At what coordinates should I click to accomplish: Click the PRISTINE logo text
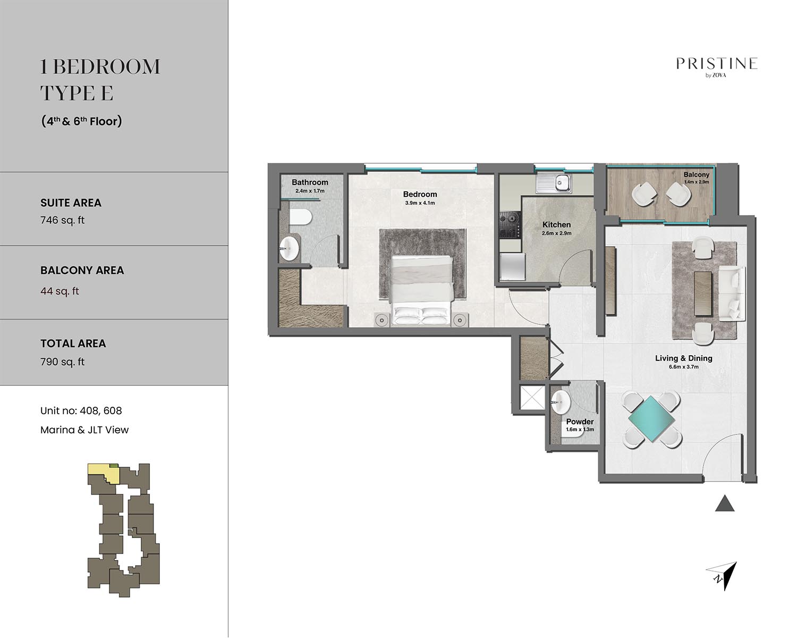(717, 64)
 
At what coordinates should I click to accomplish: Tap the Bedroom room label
(420, 194)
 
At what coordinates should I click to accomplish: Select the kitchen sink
(554, 183)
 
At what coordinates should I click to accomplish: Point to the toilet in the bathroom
(300, 217)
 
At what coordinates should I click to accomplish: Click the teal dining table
(651, 418)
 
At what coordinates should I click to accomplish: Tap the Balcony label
(696, 174)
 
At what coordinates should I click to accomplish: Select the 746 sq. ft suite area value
(62, 220)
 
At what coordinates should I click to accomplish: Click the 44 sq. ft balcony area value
(60, 291)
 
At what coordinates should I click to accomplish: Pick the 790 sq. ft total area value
(62, 362)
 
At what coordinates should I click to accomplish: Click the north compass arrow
(722, 576)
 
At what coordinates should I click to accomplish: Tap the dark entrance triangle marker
(724, 503)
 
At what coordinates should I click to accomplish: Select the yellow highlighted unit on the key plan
(103, 473)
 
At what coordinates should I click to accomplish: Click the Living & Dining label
(684, 358)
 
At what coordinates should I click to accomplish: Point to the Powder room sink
(561, 401)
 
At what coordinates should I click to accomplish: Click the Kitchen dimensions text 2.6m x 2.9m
(556, 233)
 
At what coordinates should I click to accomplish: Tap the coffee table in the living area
(703, 288)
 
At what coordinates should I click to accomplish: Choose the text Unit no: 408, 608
(81, 411)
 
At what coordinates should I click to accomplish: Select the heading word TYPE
(68, 93)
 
